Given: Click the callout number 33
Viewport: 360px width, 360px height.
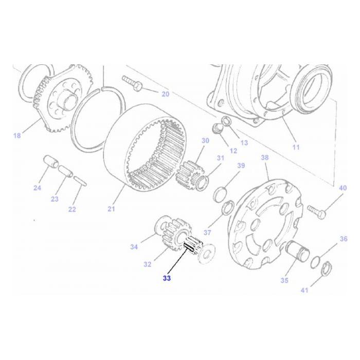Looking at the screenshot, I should [166, 278].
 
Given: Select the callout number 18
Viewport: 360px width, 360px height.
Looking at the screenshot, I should [17, 136].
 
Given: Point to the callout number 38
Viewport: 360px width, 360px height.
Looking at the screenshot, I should [265, 158].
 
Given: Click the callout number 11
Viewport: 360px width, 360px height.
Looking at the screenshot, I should [296, 148].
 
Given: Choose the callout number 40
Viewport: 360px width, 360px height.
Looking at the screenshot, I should [343, 188].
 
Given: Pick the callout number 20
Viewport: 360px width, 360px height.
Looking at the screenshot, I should [165, 94].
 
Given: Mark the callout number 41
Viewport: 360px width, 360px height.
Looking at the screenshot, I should [304, 291].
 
